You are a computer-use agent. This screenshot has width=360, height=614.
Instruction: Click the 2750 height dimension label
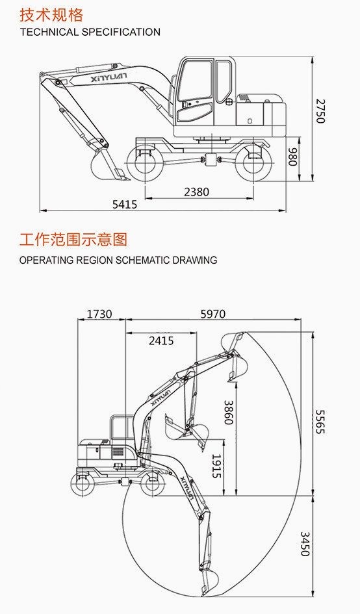(x=321, y=111)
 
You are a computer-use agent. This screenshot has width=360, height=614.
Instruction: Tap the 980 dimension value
(x=293, y=157)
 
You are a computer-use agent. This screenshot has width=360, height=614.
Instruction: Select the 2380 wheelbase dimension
(x=197, y=192)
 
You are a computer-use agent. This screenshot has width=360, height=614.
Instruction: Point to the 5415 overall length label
(x=125, y=204)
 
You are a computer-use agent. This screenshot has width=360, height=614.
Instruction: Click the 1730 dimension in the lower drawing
(x=99, y=314)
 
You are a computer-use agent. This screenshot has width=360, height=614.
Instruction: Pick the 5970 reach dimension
(x=213, y=314)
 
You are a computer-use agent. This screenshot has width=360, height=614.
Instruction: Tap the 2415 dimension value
(x=161, y=340)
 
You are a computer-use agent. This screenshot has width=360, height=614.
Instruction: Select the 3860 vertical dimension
(x=228, y=413)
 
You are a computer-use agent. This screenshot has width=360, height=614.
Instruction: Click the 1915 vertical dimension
(x=216, y=466)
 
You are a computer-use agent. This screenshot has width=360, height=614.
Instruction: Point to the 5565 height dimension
(x=320, y=421)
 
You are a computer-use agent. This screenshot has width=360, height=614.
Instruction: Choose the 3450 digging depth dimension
(x=305, y=544)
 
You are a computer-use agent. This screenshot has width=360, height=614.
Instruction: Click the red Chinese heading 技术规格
(x=51, y=15)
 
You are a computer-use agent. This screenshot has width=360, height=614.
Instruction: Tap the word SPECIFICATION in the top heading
(x=121, y=32)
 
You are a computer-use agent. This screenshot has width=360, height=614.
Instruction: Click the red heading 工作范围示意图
(x=73, y=239)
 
